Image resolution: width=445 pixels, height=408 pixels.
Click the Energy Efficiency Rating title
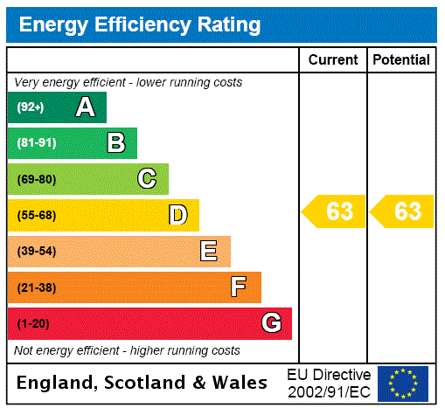[140, 24]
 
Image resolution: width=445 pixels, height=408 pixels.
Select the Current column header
[333, 59]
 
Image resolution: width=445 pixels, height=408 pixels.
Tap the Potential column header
[401, 59]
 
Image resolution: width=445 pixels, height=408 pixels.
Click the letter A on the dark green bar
[85, 107]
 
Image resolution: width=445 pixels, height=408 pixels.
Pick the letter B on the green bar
[115, 143]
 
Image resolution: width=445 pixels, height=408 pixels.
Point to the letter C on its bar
[147, 179]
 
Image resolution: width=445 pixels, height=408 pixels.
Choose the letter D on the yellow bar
[177, 215]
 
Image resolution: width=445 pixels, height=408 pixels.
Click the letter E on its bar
[208, 252]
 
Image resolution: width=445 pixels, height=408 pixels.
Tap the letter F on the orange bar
[238, 287]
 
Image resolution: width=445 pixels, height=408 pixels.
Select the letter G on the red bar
[271, 323]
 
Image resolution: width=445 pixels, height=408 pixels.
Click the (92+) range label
[31, 107]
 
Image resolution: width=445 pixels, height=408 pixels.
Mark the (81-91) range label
[36, 143]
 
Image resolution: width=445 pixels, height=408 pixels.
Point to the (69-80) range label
[36, 179]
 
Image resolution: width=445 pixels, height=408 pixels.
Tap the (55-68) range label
[36, 215]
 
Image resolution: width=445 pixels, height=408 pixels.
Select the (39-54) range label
[36, 252]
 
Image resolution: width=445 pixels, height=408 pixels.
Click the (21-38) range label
[36, 287]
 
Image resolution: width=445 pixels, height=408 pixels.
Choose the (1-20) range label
[33, 323]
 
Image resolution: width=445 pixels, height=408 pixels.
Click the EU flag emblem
[403, 383]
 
